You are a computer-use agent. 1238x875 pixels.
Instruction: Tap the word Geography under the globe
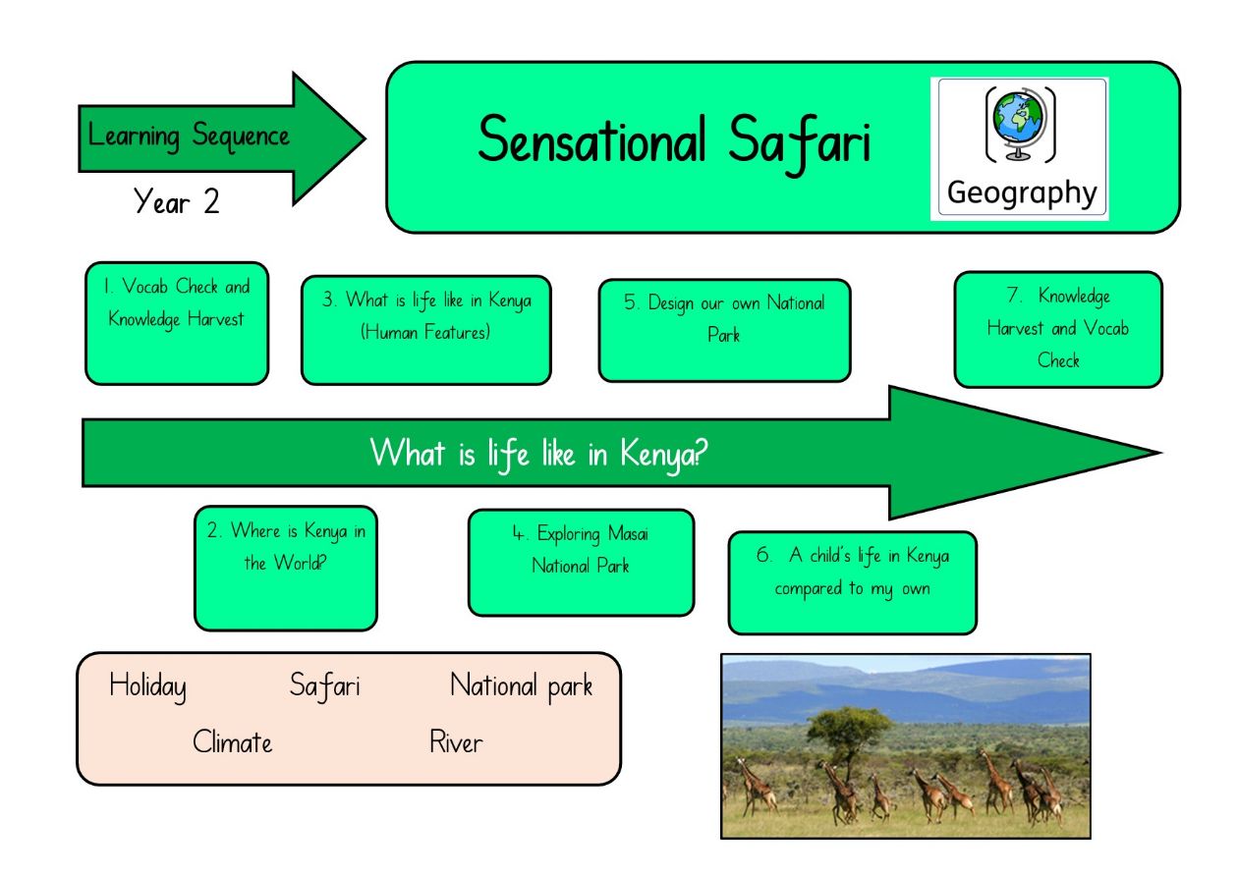click(1022, 193)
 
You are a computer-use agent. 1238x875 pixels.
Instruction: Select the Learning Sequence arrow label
click(189, 136)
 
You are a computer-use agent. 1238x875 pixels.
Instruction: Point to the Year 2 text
click(176, 201)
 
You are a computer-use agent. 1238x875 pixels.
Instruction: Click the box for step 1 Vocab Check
click(177, 324)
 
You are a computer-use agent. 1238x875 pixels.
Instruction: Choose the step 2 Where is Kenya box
click(286, 569)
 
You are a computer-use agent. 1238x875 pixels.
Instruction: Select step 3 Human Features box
click(426, 330)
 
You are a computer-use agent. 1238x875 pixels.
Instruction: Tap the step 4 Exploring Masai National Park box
click(582, 563)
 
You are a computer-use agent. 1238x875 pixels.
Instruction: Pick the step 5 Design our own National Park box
click(724, 330)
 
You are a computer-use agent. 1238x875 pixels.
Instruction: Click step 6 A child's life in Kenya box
click(853, 583)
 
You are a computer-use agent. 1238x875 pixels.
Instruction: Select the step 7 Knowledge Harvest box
click(1058, 330)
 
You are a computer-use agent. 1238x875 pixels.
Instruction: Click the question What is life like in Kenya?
click(538, 454)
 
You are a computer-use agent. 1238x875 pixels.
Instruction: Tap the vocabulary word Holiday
click(147, 686)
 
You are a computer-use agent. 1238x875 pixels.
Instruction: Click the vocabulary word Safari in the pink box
click(325, 686)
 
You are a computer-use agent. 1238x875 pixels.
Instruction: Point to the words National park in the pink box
click(521, 686)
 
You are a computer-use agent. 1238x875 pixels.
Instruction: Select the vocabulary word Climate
click(232, 741)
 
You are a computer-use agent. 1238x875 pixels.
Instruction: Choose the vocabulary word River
click(456, 741)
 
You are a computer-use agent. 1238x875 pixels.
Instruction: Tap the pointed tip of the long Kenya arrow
click(1161, 453)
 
